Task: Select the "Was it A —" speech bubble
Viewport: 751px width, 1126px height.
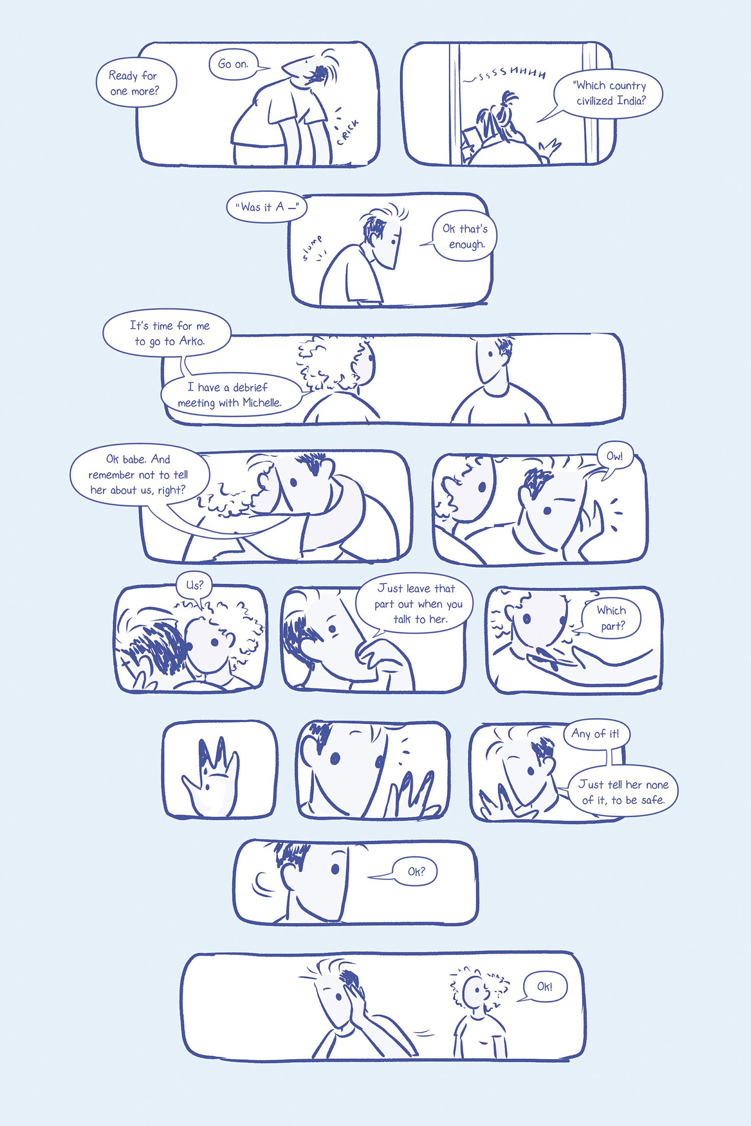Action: pyautogui.click(x=267, y=207)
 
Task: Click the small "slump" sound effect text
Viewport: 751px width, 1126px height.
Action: pyautogui.click(x=312, y=247)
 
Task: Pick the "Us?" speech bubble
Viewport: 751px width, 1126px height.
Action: pyautogui.click(x=194, y=585)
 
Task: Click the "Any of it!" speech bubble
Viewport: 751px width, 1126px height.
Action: pyautogui.click(x=595, y=733)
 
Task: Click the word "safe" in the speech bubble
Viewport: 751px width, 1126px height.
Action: pyautogui.click(x=652, y=800)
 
